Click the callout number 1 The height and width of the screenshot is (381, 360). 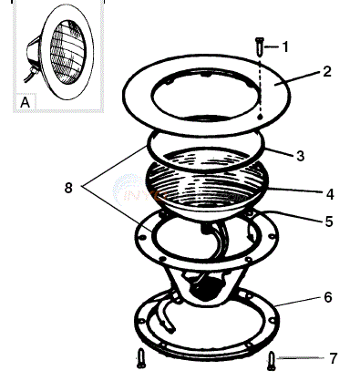tap(285, 47)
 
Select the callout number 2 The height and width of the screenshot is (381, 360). tap(326, 71)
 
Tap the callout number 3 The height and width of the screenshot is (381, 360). tap(300, 156)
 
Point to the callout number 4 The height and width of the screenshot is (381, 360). tap(330, 194)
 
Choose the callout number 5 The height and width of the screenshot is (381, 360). tap(329, 221)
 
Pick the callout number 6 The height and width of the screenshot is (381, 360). tap(328, 297)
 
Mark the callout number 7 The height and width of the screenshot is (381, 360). tap(334, 358)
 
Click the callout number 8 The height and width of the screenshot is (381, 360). tap(68, 188)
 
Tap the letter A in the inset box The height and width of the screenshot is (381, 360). tap(26, 102)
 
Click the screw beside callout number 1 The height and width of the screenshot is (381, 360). tap(260, 46)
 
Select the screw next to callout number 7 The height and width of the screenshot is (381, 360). tap(272, 361)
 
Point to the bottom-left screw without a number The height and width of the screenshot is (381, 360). tap(140, 358)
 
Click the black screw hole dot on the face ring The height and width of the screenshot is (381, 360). tap(260, 117)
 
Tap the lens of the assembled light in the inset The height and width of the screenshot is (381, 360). tap(68, 52)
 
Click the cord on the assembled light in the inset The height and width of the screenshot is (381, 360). tap(30, 75)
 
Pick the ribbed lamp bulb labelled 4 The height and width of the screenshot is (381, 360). tap(208, 185)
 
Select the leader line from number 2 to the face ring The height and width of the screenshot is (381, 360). tap(298, 78)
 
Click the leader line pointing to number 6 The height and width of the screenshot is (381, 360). tap(298, 302)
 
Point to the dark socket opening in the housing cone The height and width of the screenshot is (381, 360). tap(202, 285)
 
